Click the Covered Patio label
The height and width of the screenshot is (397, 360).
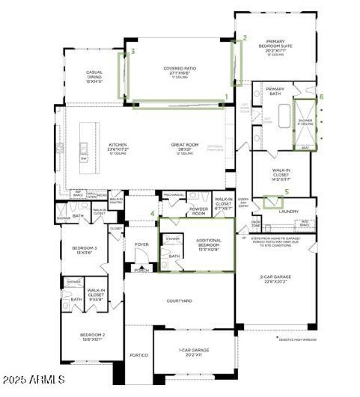180,69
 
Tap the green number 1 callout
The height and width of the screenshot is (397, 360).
226,96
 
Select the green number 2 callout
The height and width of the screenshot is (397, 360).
245,38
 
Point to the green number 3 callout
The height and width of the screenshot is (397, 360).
133,52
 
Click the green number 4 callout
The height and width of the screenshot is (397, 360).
153,214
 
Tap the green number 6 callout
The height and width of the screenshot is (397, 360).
321,97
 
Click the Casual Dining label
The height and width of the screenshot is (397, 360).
94,75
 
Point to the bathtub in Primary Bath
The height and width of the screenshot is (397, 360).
285,116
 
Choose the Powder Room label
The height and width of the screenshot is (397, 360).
198,211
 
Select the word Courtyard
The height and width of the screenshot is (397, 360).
180,301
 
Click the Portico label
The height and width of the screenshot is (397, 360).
139,355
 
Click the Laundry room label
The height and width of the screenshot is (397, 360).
289,211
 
